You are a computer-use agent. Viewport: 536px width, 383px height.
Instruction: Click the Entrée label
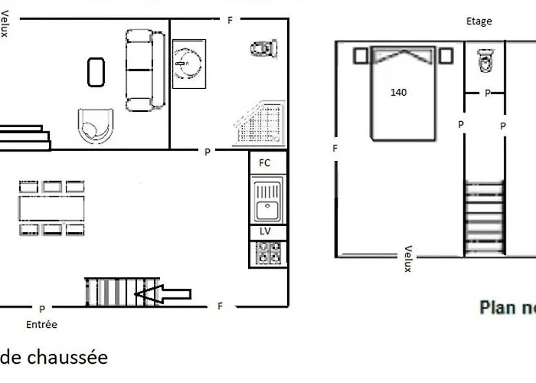(41, 325)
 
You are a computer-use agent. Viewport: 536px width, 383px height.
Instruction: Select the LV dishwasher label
(265, 231)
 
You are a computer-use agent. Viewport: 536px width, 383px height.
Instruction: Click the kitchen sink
(267, 200)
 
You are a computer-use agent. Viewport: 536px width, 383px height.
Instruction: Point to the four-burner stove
(268, 253)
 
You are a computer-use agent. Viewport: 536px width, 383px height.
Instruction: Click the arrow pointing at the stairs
(162, 294)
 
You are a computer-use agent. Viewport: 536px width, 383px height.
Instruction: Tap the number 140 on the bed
(399, 93)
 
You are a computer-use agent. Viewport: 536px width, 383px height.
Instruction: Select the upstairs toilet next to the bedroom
(485, 61)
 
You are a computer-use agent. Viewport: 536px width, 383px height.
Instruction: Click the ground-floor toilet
(264, 48)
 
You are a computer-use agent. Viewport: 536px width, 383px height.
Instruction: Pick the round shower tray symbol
(188, 64)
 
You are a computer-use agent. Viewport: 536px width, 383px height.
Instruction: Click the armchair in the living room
(96, 126)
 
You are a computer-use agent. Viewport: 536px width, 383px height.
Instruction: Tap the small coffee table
(96, 72)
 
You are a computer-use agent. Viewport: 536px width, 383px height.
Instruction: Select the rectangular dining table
(51, 208)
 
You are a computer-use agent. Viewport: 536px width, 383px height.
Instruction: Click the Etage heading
(479, 21)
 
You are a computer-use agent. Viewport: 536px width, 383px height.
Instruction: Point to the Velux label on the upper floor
(408, 259)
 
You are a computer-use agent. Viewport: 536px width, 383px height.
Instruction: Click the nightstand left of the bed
(361, 56)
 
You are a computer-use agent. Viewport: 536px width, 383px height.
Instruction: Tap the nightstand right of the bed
(446, 56)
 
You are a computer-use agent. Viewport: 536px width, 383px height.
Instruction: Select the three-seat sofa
(145, 70)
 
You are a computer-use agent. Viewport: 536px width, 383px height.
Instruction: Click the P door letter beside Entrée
(42, 309)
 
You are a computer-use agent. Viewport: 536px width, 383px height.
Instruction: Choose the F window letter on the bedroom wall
(335, 148)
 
